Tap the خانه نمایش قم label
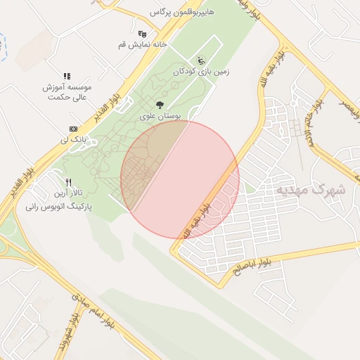click(x=143, y=44)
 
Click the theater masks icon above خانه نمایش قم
click(x=143, y=33)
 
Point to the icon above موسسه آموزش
click(x=67, y=76)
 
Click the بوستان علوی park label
click(x=160, y=115)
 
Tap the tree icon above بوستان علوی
click(x=160, y=105)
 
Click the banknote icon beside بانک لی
click(x=73, y=129)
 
